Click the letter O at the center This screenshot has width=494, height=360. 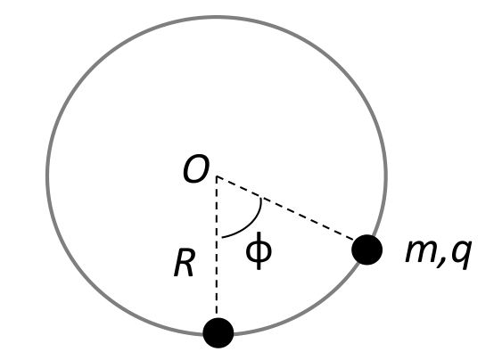(x=196, y=168)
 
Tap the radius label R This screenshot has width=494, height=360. (x=184, y=263)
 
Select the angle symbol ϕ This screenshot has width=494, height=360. (x=259, y=250)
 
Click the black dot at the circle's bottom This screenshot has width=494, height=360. (x=218, y=333)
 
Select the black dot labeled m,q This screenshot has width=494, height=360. (x=367, y=250)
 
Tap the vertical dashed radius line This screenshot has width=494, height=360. (x=217, y=247)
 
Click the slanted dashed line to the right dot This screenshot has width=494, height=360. (x=285, y=209)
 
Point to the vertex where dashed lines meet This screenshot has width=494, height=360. (x=217, y=176)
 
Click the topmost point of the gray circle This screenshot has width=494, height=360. (x=217, y=16)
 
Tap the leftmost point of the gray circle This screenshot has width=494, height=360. (x=47, y=176)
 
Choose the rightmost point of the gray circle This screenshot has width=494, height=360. (x=386, y=176)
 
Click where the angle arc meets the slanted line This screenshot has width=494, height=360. (x=260, y=198)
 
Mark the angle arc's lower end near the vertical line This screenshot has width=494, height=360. (x=222, y=237)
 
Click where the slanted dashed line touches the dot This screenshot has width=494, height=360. (x=353, y=241)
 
